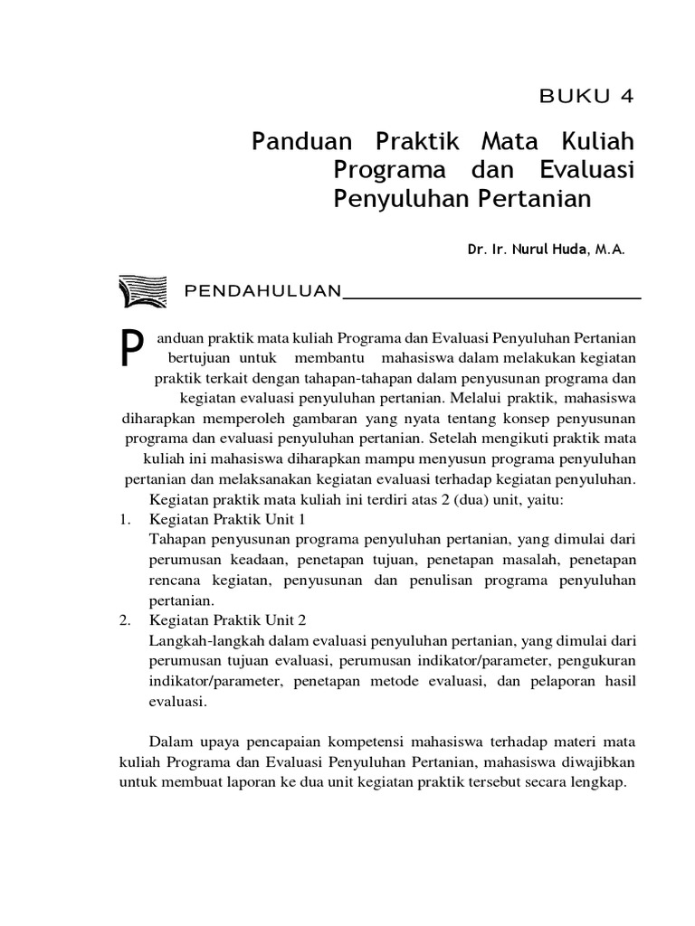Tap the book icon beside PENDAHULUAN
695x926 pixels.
point(142,289)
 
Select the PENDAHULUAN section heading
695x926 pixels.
point(262,290)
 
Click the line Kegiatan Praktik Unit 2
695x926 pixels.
point(227,619)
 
